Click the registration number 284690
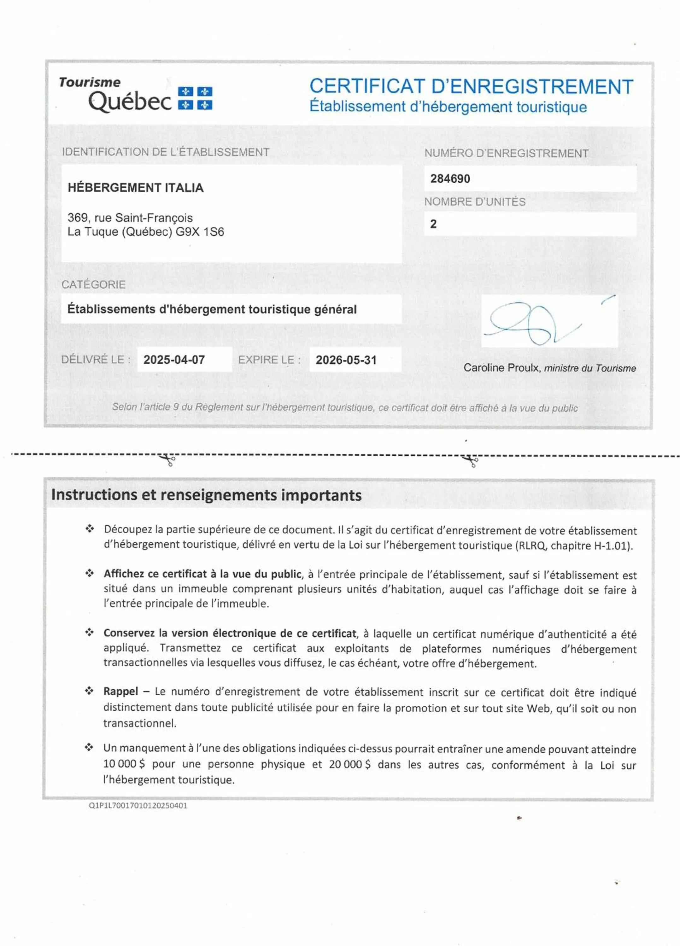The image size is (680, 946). tap(450, 179)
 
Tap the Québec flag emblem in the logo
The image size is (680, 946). tap(195, 98)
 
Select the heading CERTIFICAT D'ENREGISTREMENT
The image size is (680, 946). tap(471, 87)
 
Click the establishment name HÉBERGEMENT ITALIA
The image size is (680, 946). tap(136, 188)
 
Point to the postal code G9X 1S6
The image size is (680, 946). tap(199, 232)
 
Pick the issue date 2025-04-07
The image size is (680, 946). tap(174, 360)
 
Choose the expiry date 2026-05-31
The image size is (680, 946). tap(346, 360)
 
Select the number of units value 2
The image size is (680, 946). tap(433, 224)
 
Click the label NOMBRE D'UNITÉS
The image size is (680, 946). tap(475, 202)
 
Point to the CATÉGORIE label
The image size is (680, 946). tap(93, 284)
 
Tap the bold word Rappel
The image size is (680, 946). tap(120, 692)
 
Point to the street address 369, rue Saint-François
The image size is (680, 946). tap(130, 218)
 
